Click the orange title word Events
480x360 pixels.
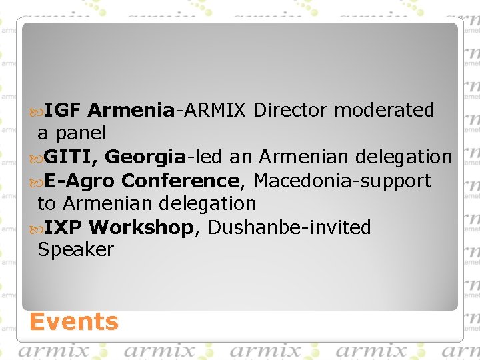73,322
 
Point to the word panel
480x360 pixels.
80,133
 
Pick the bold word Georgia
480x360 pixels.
145,157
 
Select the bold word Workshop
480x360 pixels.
141,228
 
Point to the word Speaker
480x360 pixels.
75,250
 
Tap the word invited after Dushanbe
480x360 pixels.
341,228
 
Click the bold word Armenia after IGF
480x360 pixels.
131,110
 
